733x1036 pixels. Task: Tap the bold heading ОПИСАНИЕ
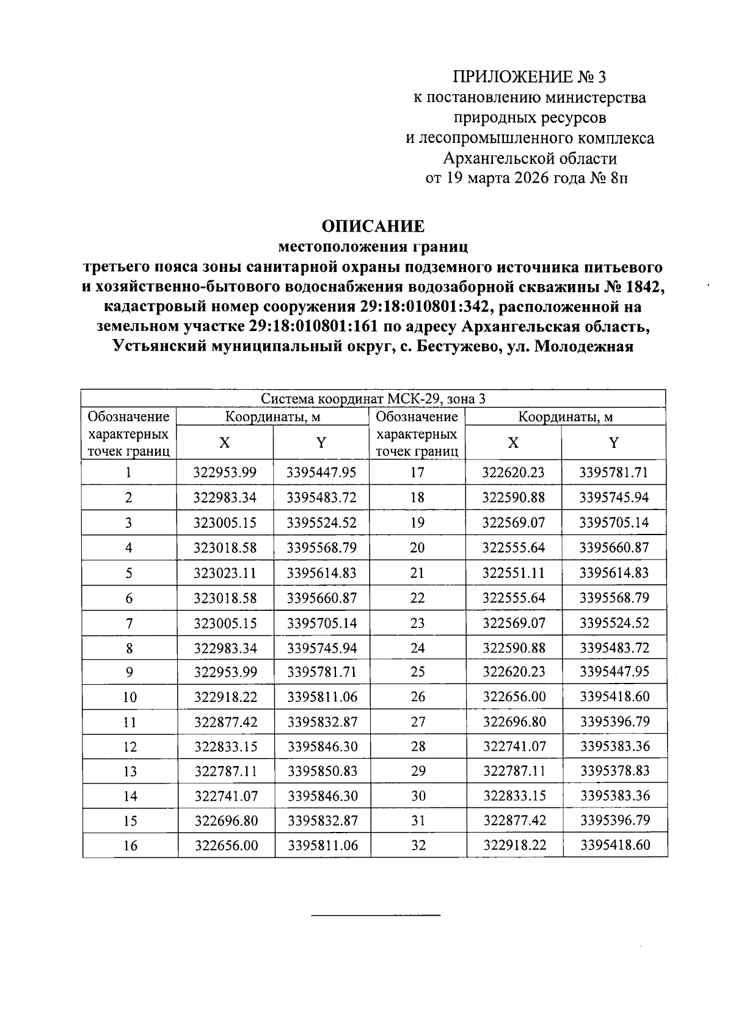(x=373, y=227)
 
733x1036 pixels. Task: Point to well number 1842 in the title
(x=644, y=286)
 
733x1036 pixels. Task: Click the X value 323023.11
(x=225, y=573)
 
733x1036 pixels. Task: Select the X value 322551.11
(x=513, y=573)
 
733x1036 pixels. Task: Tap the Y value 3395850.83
(x=322, y=771)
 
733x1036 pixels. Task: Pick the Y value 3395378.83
(x=614, y=771)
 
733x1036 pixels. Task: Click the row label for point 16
(x=130, y=845)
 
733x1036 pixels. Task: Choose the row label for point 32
(x=418, y=845)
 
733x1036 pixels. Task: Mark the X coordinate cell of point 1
(x=225, y=472)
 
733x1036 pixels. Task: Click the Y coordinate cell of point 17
(x=614, y=472)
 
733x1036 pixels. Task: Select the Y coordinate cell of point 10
(x=322, y=697)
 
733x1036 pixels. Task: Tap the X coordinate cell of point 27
(x=514, y=721)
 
